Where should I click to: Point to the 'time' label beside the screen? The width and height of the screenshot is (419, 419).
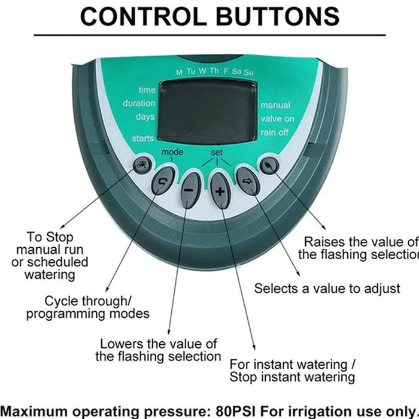pos(147,90)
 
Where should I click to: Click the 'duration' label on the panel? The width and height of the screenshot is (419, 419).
pos(139,103)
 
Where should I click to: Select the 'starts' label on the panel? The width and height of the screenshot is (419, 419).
pos(143,138)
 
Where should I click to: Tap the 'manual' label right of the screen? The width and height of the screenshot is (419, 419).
pos(275,105)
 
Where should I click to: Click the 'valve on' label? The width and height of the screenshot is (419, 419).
pos(277,119)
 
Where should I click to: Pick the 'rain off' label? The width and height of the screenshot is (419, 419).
pos(276,132)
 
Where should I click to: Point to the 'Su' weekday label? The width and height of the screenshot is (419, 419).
pos(248,72)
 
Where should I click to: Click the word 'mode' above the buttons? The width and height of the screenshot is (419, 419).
pos(172,153)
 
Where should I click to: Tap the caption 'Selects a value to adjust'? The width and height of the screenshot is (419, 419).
pos(327,288)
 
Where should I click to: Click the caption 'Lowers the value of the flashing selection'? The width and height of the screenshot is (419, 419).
pos(158,350)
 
